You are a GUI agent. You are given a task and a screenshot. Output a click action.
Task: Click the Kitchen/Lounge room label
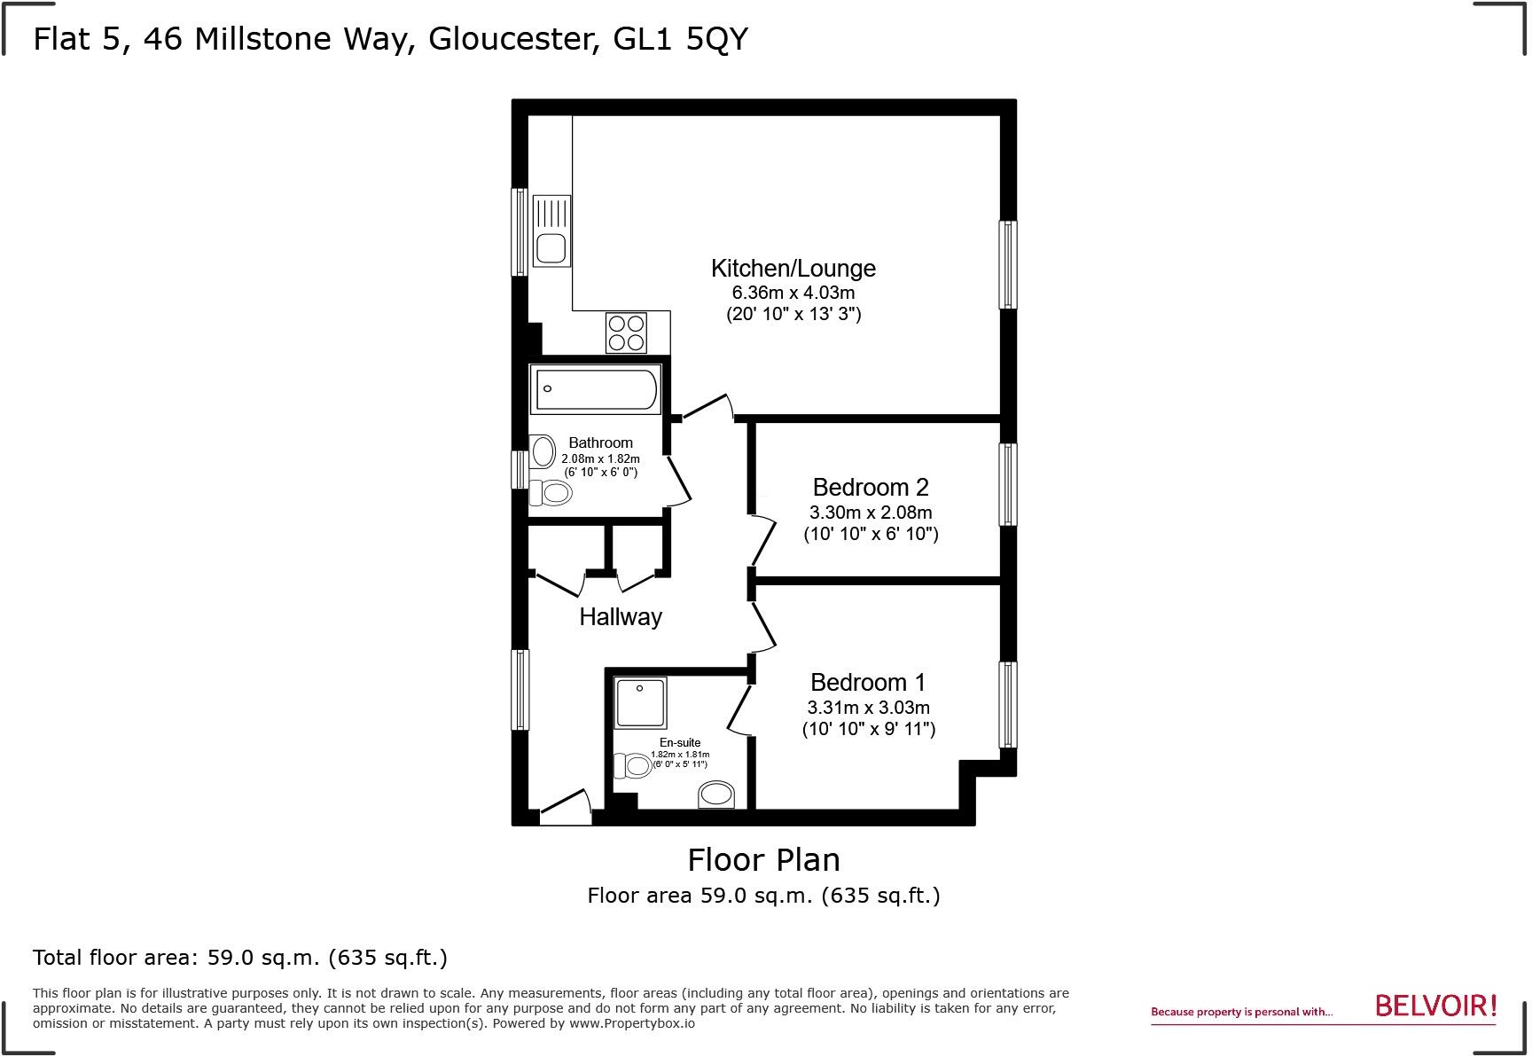tap(793, 268)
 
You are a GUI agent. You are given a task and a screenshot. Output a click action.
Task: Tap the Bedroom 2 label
tap(870, 487)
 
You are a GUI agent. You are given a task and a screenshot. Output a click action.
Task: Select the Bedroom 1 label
tap(867, 682)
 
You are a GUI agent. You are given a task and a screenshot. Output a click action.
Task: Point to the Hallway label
tap(621, 616)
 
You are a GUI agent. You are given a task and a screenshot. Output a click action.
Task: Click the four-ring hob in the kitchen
tap(626, 333)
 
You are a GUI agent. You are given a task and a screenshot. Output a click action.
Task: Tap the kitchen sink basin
tap(551, 248)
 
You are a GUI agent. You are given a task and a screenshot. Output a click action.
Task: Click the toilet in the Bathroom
tap(551, 492)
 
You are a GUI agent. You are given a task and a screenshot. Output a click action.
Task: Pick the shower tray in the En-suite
tap(639, 701)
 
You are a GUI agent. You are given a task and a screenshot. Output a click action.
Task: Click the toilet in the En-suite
tap(632, 764)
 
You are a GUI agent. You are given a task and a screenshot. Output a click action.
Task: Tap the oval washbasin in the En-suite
tap(716, 794)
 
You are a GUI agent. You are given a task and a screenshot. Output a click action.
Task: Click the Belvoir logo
tap(1435, 1006)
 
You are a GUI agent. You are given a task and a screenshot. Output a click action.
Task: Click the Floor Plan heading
tap(763, 859)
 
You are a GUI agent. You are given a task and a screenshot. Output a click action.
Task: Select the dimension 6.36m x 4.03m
tap(793, 293)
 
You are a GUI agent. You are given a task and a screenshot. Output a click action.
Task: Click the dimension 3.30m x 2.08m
tap(870, 512)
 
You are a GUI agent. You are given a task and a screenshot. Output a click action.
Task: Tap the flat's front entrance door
tap(566, 807)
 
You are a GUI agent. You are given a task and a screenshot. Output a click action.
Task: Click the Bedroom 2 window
tap(1008, 484)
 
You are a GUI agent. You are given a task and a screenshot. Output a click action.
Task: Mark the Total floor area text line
tap(239, 958)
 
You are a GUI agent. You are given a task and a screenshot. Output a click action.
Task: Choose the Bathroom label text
tap(600, 442)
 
